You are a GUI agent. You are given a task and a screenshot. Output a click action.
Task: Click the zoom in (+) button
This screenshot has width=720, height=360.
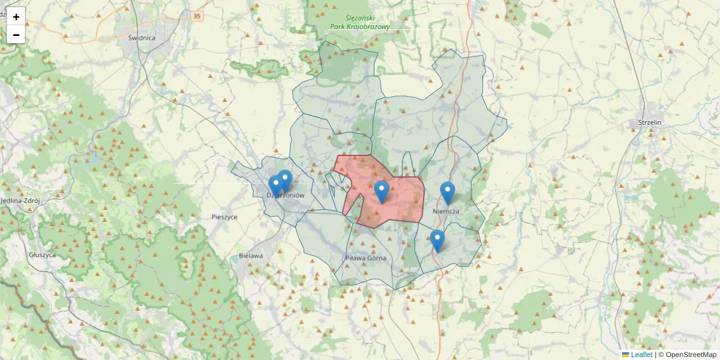(16, 17)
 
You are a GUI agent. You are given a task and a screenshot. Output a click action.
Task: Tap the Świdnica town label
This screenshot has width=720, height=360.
(142, 37)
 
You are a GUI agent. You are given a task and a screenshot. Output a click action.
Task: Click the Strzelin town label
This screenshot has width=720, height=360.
(646, 123)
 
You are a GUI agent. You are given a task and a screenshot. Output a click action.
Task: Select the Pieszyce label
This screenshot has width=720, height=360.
(224, 217)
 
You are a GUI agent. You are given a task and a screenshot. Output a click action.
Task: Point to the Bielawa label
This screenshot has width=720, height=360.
(250, 256)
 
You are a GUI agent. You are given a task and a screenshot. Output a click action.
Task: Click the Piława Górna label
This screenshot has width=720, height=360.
(365, 258)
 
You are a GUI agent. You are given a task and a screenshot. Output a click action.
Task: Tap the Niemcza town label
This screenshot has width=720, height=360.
(446, 212)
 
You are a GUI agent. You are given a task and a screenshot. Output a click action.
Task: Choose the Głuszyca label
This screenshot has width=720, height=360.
(42, 254)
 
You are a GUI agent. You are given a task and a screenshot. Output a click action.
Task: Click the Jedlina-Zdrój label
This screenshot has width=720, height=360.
(20, 201)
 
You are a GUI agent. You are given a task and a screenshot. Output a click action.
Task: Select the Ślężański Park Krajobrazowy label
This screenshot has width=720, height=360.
(360, 23)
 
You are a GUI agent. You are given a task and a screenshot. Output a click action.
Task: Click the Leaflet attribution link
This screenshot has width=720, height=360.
(641, 355)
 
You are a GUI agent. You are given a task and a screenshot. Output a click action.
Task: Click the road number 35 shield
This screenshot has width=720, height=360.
(197, 16)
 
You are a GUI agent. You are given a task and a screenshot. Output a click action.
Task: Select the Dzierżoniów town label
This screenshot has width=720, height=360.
(286, 196)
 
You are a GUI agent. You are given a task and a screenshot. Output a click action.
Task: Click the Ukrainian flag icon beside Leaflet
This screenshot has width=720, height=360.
(625, 355)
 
